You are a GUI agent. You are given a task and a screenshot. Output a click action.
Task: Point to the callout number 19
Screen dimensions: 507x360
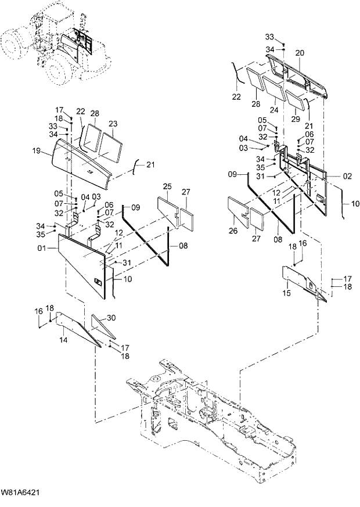coord(37,151)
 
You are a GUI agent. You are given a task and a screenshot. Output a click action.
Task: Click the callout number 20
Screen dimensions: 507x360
coord(300,53)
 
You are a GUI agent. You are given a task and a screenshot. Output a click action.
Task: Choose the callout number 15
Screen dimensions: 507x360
coord(286,294)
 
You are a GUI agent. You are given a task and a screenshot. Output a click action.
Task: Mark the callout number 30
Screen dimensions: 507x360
coord(111,318)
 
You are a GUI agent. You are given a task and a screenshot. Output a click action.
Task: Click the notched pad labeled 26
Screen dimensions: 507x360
coord(239,211)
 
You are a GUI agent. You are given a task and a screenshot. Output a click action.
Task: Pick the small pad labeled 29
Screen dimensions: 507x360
coord(296,102)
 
